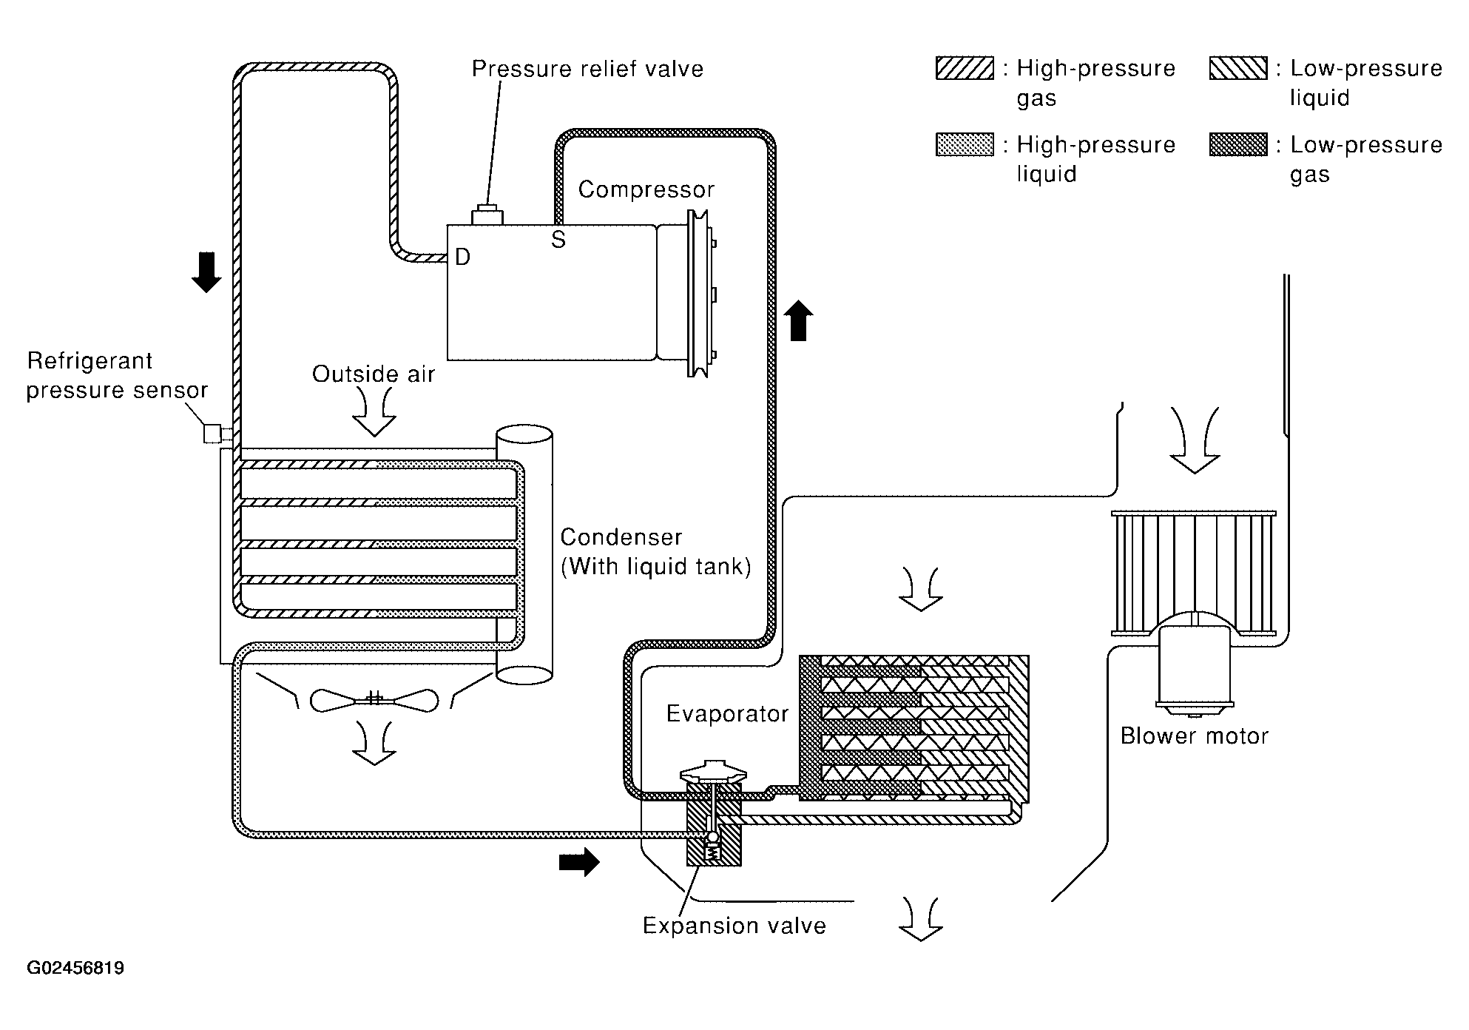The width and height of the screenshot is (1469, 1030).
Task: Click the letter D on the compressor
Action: tap(462, 257)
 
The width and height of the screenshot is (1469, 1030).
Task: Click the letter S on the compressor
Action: tap(558, 240)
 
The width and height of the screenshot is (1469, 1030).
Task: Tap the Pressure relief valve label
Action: tap(587, 69)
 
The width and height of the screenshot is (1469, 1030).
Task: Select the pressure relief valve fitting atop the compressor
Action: tap(487, 215)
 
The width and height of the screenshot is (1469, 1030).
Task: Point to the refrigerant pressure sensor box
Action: tap(213, 433)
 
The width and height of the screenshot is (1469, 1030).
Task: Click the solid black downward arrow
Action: tap(206, 272)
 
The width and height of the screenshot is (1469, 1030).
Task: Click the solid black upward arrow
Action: tap(798, 320)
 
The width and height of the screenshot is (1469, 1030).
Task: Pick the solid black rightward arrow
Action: tap(579, 862)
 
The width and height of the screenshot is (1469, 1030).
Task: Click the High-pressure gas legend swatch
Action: tap(965, 68)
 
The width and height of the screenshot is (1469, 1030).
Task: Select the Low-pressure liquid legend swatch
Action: tap(1238, 68)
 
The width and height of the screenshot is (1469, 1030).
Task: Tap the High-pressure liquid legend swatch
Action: tap(965, 144)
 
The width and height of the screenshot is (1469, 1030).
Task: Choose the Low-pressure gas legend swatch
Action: tap(1238, 144)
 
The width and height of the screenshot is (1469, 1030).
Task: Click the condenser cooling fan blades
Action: tap(374, 700)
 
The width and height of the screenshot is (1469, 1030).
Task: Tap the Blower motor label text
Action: tap(1194, 736)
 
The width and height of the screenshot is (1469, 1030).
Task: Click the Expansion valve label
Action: tap(734, 926)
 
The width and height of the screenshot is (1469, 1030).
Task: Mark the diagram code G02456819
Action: tap(75, 968)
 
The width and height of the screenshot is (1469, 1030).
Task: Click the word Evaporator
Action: tap(727, 713)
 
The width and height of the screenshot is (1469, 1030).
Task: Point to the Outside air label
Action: tap(374, 374)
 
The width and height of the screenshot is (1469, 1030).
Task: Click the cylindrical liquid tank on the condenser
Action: tap(524, 554)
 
